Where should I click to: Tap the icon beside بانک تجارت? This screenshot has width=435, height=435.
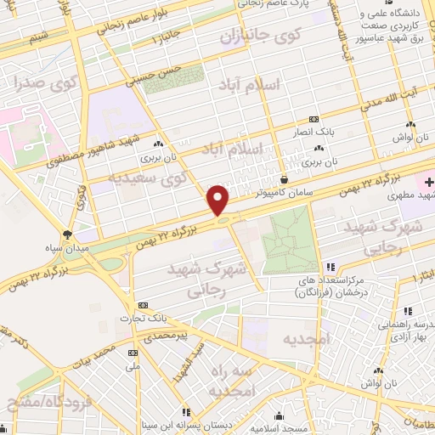(142, 304)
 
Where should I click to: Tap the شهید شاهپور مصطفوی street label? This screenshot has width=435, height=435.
(85, 153)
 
